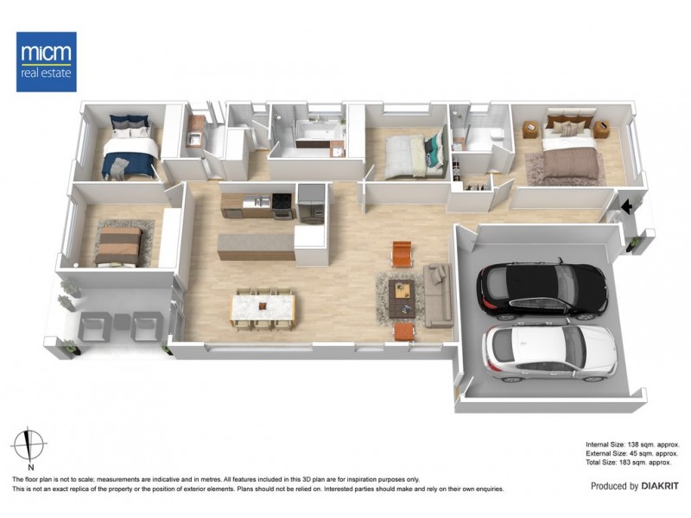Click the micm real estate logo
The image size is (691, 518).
point(47,61)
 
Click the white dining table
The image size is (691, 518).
point(263,307)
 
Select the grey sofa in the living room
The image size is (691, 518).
point(437,295)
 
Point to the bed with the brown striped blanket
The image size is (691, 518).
point(117,245)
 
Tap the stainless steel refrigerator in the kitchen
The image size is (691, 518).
point(311,205)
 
